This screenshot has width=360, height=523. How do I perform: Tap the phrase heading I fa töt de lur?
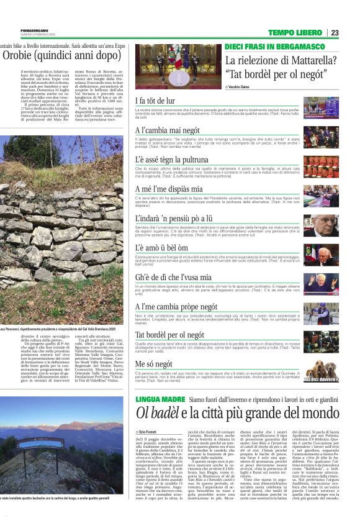point(155,100)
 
